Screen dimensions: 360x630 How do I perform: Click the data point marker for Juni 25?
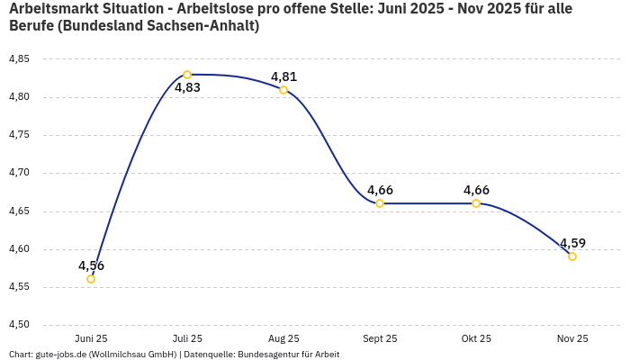pos(91,279)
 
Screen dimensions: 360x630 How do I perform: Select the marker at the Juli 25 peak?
pos(187,75)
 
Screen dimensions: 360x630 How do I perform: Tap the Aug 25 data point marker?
pos(283,89)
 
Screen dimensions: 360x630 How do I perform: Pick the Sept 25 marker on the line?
pos(380,203)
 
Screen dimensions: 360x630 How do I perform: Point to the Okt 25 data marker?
pos(476,203)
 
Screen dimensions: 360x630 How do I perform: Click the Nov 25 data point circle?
pos(572,256)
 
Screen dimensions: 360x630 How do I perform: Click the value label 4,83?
pos(187,88)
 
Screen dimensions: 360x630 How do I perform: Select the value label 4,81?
pos(283,76)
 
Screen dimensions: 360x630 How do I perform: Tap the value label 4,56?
pos(91,265)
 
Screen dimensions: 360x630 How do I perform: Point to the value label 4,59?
pos(572,243)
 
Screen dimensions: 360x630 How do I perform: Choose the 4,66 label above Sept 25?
pos(380,190)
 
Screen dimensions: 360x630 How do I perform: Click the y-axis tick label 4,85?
pos(19,59)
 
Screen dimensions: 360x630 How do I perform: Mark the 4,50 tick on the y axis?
pos(19,325)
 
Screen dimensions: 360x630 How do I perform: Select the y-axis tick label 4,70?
pos(19,173)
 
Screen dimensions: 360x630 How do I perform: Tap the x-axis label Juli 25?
pos(187,339)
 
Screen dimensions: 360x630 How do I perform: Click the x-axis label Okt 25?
pos(476,339)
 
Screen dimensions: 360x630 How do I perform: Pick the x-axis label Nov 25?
pos(572,339)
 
